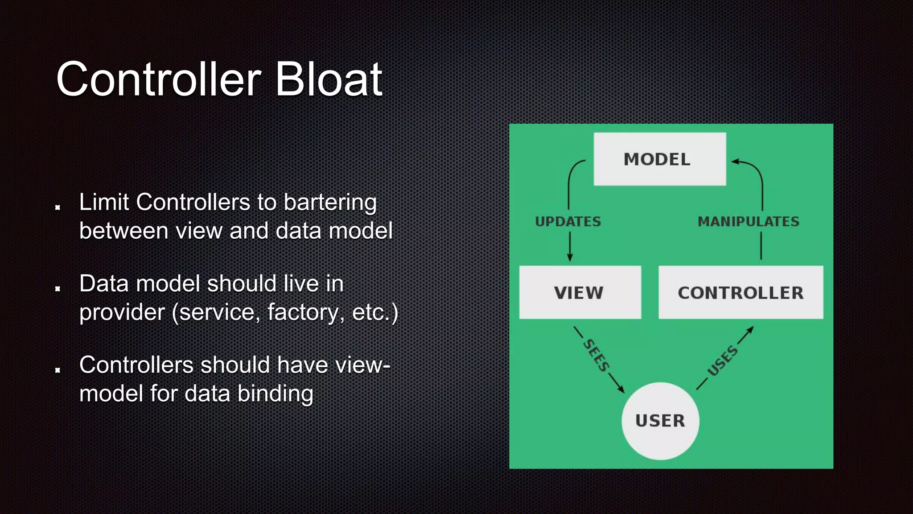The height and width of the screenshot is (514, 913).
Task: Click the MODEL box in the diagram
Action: pyautogui.click(x=659, y=159)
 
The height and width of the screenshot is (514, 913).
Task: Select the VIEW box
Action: pyautogui.click(x=580, y=292)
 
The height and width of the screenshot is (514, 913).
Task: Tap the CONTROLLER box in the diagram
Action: pyautogui.click(x=740, y=292)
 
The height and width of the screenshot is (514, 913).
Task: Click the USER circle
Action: pyautogui.click(x=660, y=421)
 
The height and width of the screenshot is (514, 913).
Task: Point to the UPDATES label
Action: pyautogui.click(x=568, y=221)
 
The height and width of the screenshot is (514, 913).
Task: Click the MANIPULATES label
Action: pyautogui.click(x=748, y=221)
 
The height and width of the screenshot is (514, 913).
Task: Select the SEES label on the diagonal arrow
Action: pyautogui.click(x=596, y=355)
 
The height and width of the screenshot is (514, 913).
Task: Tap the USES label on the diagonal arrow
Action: pyautogui.click(x=723, y=361)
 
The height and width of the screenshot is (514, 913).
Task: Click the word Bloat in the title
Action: pyautogui.click(x=329, y=79)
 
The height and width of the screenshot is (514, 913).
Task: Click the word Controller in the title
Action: pyautogui.click(x=158, y=79)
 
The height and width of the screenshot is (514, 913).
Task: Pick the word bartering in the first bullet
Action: pyautogui.click(x=330, y=203)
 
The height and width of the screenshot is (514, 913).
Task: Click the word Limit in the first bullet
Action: pyautogui.click(x=104, y=202)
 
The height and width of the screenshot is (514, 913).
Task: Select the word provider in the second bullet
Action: pyautogui.click(x=122, y=312)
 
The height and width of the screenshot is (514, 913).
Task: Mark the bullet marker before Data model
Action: pyautogui.click(x=58, y=289)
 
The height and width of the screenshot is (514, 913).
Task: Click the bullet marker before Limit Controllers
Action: pyautogui.click(x=58, y=207)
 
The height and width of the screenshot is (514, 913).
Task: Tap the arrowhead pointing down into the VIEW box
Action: pyautogui.click(x=569, y=258)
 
